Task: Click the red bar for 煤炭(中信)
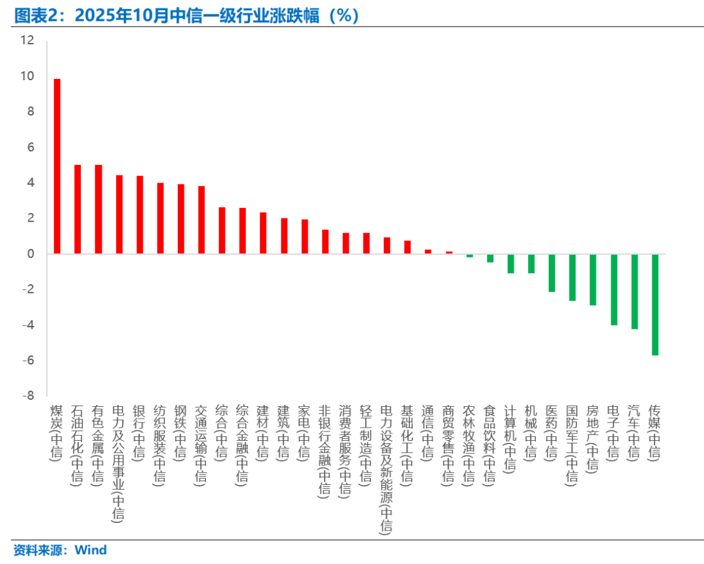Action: [57, 166]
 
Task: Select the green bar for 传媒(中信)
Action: [655, 304]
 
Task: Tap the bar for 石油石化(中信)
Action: [78, 209]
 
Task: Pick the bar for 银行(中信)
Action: [139, 215]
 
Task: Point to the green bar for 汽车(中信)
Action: [634, 291]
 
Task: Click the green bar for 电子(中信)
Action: [613, 289]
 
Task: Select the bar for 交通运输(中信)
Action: [201, 220]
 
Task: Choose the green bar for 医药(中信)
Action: [551, 273]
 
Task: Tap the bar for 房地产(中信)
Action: [593, 279]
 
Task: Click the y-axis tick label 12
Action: [27, 40]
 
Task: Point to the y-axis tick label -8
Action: [27, 396]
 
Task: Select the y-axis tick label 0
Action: [29, 254]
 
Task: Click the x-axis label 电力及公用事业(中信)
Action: [118, 463]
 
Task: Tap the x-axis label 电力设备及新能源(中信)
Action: [387, 469]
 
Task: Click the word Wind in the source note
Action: [91, 550]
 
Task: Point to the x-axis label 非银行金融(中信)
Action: [324, 451]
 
